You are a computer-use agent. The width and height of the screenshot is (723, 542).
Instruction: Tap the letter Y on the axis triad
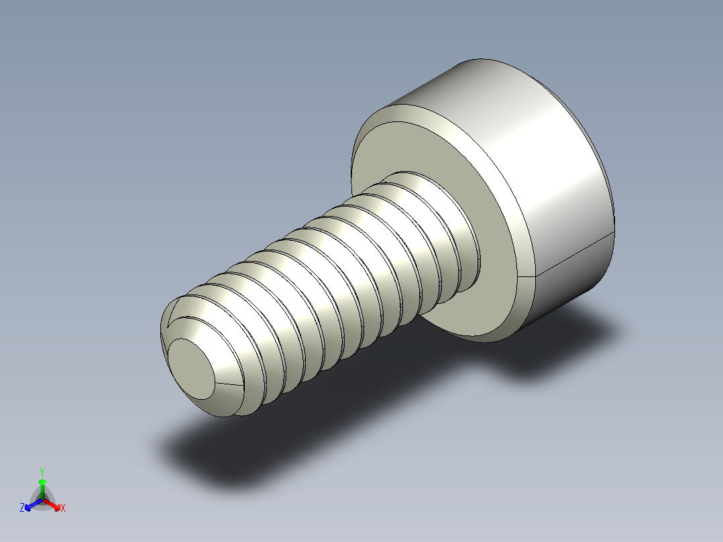(42, 471)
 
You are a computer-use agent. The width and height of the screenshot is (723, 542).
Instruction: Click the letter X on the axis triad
(63, 508)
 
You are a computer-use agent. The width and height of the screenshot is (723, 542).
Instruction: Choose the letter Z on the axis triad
(22, 508)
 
